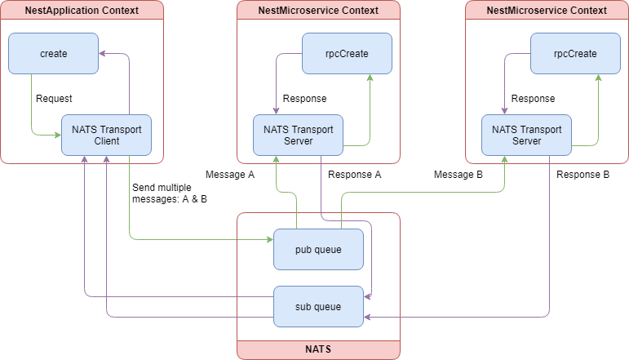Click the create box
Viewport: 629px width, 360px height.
tap(53, 53)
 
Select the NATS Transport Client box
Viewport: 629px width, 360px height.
tap(107, 135)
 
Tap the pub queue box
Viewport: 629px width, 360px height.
tap(318, 249)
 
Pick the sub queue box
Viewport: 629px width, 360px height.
tap(318, 306)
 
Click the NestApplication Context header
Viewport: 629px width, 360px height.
tap(82, 11)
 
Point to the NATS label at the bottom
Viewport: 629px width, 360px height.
tap(318, 349)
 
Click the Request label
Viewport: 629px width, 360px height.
tap(55, 99)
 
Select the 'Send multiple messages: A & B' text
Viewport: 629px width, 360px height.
tap(169, 193)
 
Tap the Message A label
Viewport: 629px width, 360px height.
tap(230, 175)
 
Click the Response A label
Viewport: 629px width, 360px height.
tap(355, 175)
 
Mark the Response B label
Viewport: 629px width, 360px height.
tap(583, 175)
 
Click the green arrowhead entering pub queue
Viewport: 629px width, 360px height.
tap(269, 240)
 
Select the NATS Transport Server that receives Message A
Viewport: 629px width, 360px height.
tap(298, 135)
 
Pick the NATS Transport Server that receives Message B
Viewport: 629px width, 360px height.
tap(526, 135)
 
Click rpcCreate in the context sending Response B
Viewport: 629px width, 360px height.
tap(575, 53)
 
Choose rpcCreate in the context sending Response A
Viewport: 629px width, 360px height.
tap(347, 53)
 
